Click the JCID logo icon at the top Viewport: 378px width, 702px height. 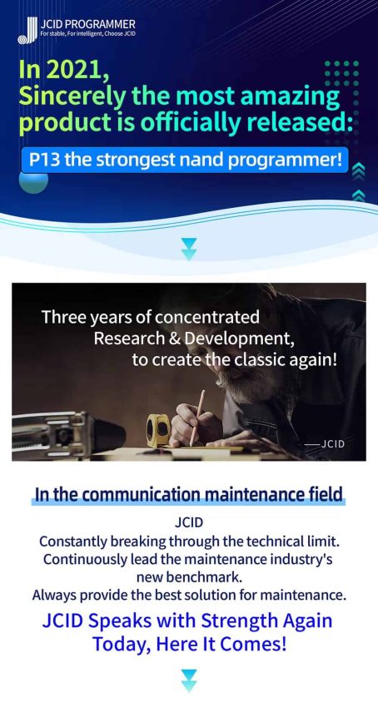pyautogui.click(x=27, y=31)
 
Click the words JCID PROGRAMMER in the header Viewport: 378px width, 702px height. pyautogui.click(x=87, y=24)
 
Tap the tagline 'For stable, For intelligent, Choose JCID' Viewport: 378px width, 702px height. pyautogui.click(x=87, y=34)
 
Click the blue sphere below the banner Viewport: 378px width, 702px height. pyautogui.click(x=33, y=181)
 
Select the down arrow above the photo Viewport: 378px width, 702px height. pyautogui.click(x=189, y=250)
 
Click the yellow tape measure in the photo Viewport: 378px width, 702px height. pyautogui.click(x=158, y=430)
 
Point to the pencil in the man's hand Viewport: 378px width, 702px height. pyautogui.click(x=196, y=418)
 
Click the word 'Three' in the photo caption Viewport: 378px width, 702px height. pyautogui.click(x=62, y=317)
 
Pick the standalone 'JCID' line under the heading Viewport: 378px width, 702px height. pyautogui.click(x=189, y=522)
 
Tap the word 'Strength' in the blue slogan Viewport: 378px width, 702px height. pyautogui.click(x=239, y=621)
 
